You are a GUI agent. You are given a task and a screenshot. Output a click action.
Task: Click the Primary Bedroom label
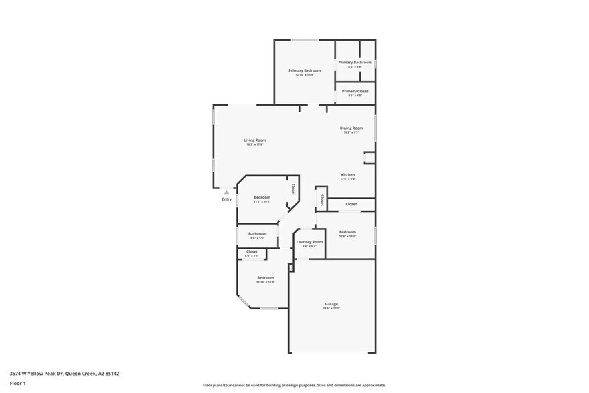pos(305,70)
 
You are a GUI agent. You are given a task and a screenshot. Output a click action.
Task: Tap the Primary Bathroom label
pos(355,62)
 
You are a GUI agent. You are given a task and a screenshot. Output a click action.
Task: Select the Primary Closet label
pos(355,91)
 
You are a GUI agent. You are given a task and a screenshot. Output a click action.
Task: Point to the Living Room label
pos(254,140)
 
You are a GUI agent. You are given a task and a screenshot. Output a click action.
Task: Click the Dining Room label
pos(351,128)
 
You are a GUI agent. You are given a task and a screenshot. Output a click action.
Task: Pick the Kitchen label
pos(347,175)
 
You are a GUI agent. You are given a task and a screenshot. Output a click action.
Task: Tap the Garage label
pos(331,303)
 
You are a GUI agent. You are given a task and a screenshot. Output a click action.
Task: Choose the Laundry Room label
pos(309,241)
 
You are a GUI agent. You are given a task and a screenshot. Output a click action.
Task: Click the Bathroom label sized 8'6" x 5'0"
pos(258,234)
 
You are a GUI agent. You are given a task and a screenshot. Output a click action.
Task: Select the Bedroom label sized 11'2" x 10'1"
pos(262,197)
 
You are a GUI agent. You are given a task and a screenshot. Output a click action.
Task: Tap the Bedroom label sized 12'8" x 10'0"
pos(347,232)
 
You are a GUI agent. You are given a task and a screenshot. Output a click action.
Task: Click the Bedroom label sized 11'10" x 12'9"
pos(266,277)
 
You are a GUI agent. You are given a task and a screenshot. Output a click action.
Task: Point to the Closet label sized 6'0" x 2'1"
pos(252,251)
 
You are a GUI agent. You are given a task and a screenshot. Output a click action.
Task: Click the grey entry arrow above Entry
pos(226,192)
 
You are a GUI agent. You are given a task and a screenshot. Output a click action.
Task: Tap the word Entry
pos(226,199)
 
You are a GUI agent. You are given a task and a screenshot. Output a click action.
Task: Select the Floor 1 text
pos(17,383)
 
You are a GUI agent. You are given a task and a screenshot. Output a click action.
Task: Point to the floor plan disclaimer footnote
pos(294,386)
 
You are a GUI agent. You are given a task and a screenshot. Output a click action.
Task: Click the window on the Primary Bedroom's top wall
pos(305,40)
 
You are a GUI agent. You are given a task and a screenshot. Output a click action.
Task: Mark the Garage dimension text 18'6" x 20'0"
pos(331,308)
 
